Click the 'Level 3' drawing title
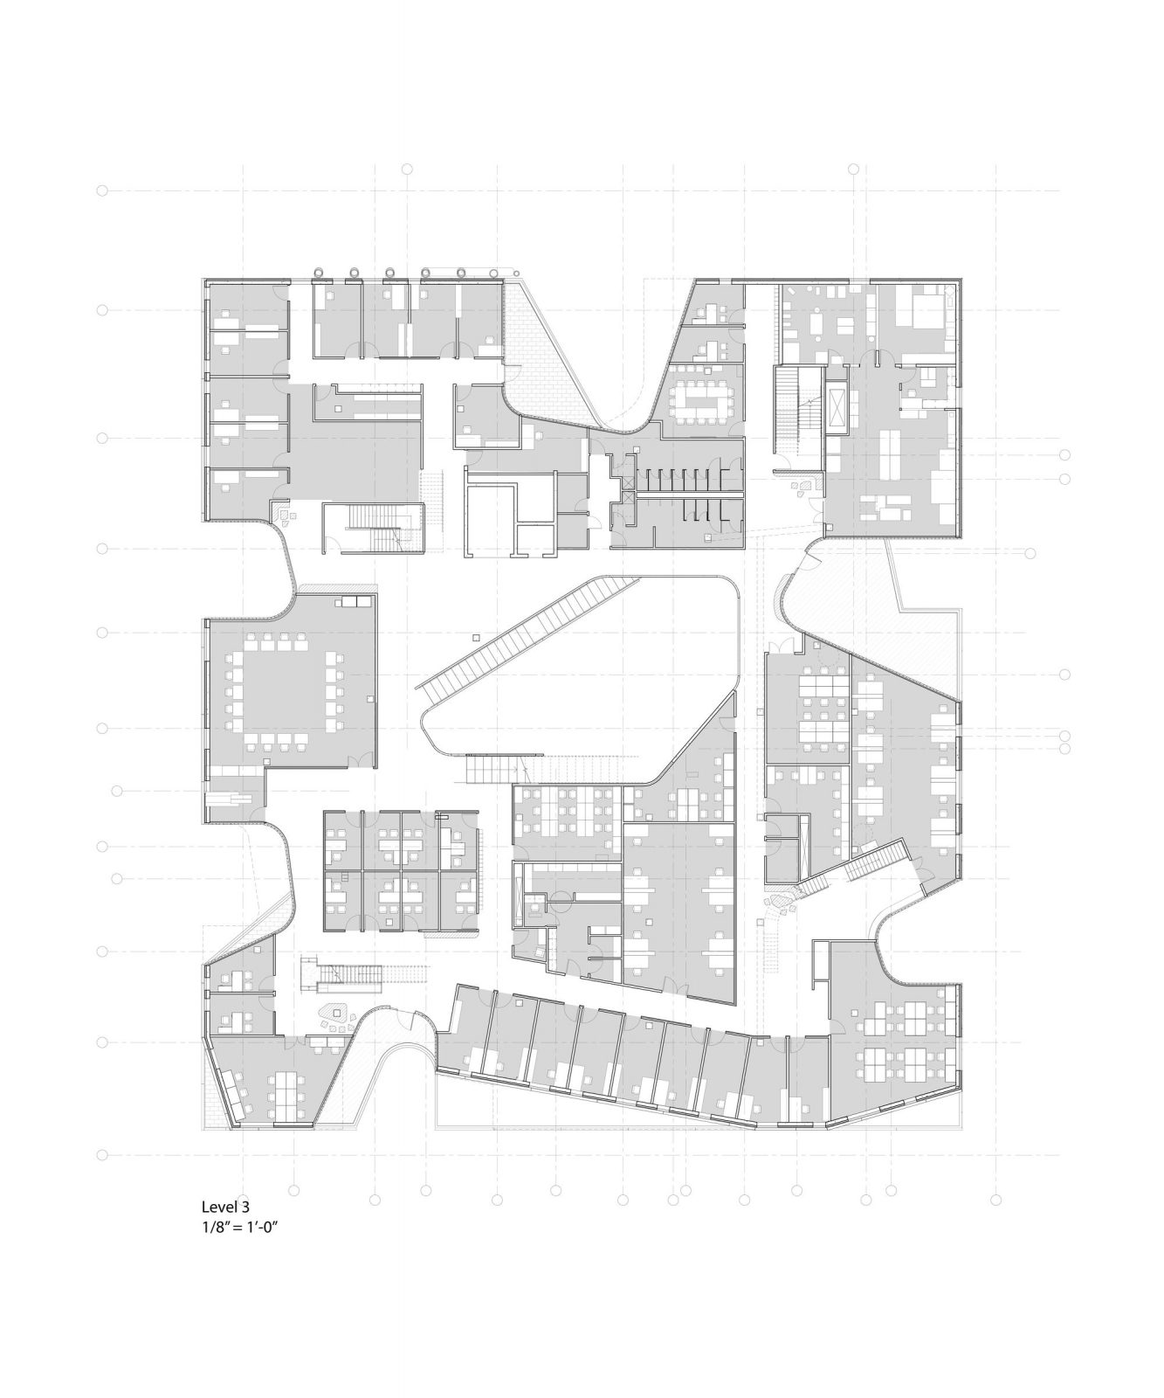pos(226,1207)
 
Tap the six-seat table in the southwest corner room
pos(284,1096)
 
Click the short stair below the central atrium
pos(486,770)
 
